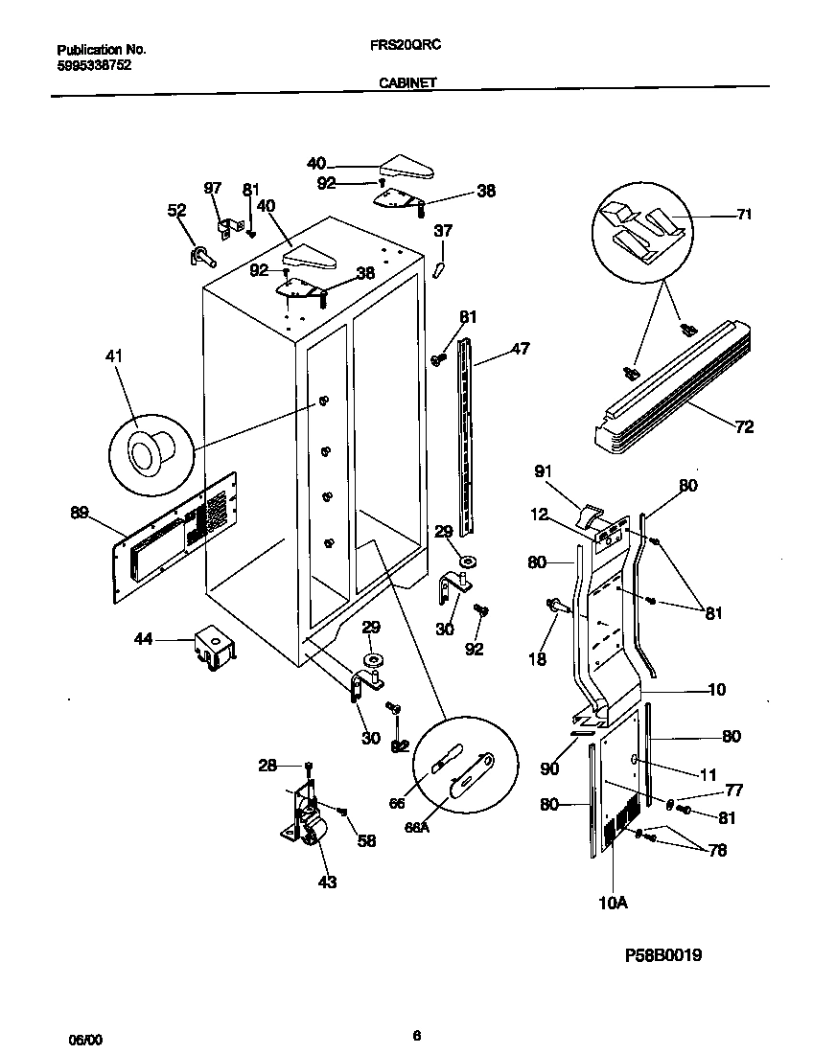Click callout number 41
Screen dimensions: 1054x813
click(x=114, y=357)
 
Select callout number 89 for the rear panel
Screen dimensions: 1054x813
click(x=80, y=514)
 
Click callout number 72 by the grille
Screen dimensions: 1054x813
click(x=743, y=427)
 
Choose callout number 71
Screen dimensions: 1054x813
click(x=743, y=214)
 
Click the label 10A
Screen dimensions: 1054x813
click(x=614, y=903)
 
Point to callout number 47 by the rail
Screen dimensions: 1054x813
click(x=520, y=349)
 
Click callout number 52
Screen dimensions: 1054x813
click(x=176, y=211)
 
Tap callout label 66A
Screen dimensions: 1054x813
click(x=418, y=827)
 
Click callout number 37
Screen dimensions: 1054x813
click(x=443, y=230)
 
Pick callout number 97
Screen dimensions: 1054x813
click(x=212, y=188)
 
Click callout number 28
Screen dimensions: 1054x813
click(x=267, y=765)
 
